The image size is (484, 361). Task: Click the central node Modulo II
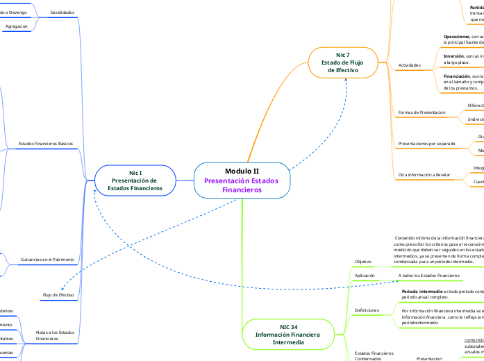click(x=242, y=180)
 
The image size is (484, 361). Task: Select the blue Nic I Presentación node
click(x=135, y=180)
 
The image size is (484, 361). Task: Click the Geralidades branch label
click(x=62, y=12)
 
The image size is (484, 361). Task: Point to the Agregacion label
click(x=17, y=26)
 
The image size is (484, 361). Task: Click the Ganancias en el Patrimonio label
click(x=47, y=259)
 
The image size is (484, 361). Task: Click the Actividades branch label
click(x=410, y=65)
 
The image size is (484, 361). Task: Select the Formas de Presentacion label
click(x=422, y=112)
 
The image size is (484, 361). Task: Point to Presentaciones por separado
click(x=426, y=144)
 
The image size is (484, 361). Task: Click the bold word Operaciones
click(x=456, y=35)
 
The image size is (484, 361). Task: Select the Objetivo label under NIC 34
click(x=363, y=261)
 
